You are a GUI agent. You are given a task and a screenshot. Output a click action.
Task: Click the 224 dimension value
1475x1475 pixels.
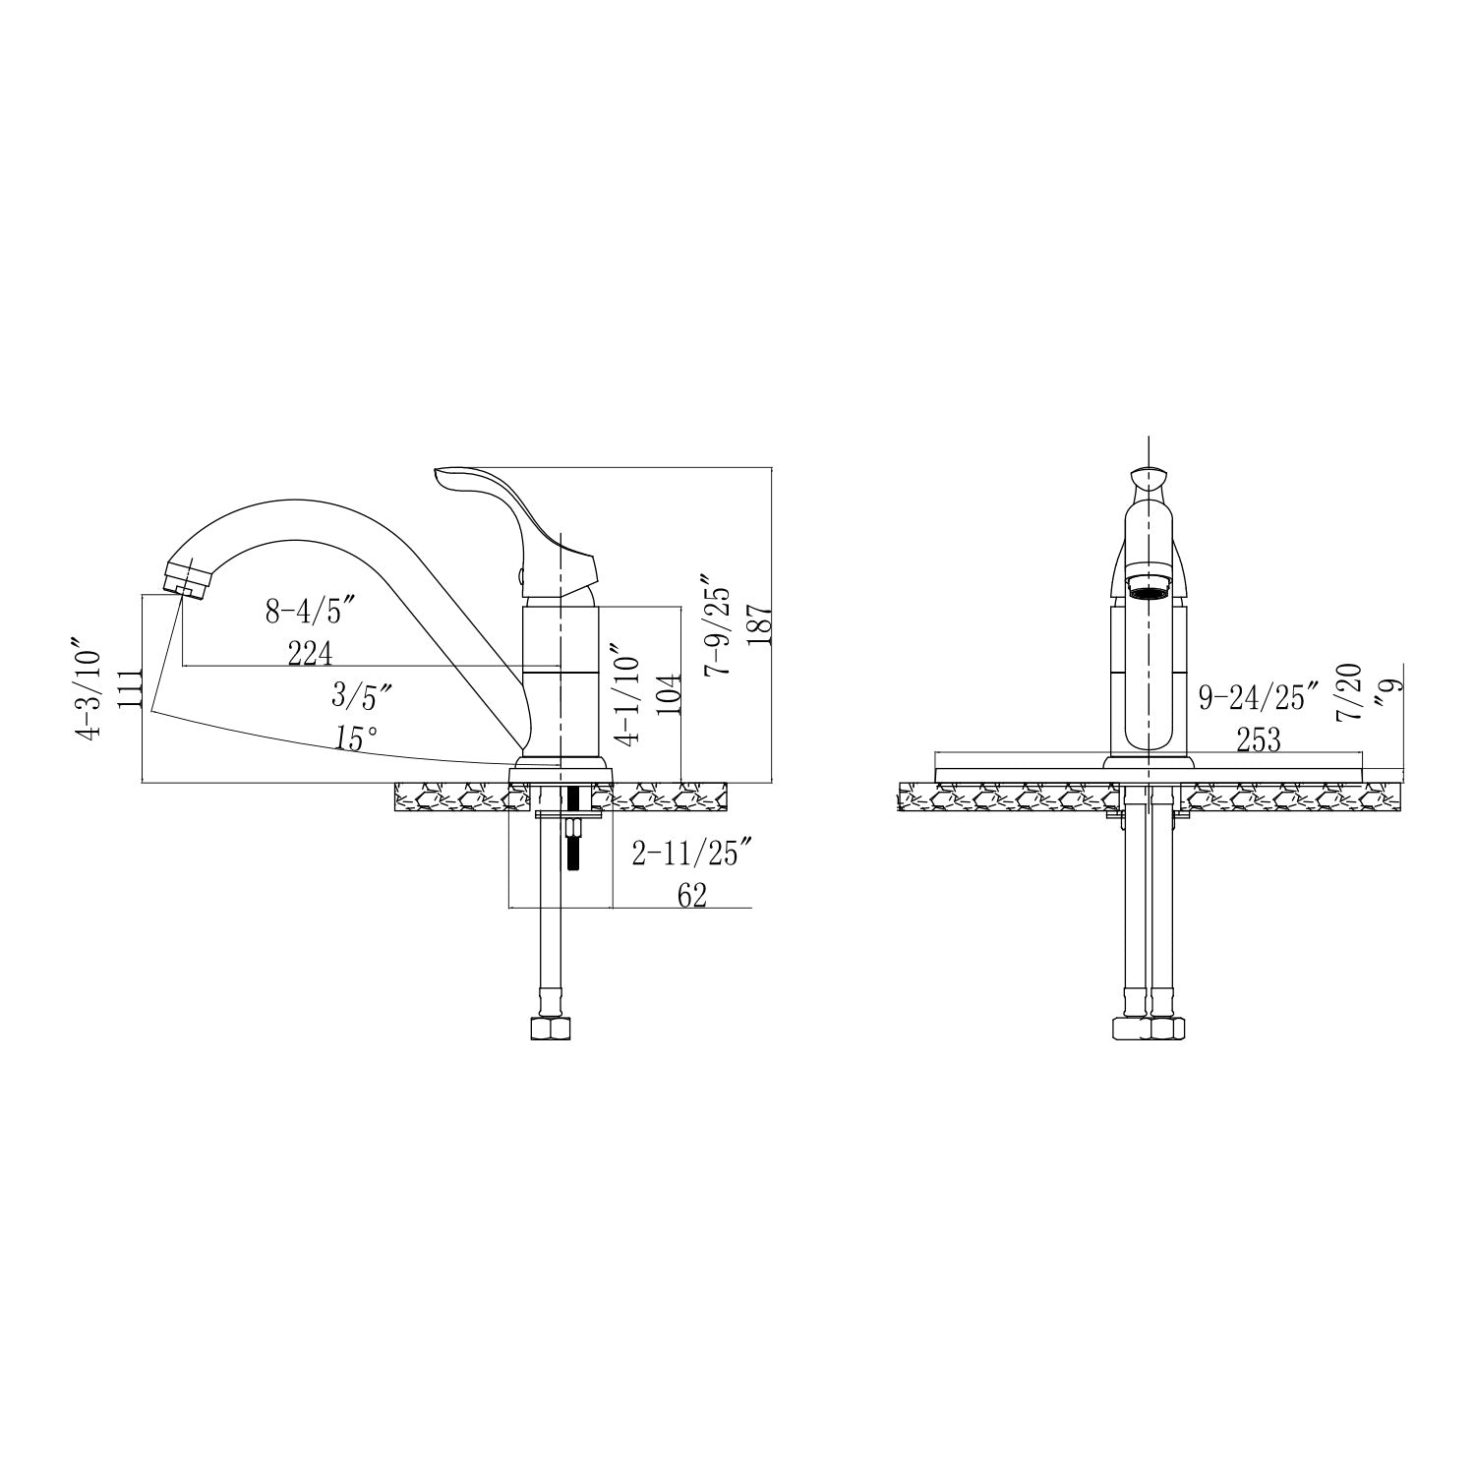click(311, 652)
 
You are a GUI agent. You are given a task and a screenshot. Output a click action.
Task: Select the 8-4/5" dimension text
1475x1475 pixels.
click(310, 613)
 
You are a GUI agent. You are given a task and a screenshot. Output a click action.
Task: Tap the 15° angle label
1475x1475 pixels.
click(355, 738)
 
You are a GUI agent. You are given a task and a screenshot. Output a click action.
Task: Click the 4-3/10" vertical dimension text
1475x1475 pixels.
click(89, 693)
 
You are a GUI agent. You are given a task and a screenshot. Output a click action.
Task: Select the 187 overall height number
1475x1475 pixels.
click(758, 622)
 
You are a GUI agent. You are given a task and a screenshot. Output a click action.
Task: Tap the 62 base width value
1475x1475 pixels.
click(692, 896)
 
